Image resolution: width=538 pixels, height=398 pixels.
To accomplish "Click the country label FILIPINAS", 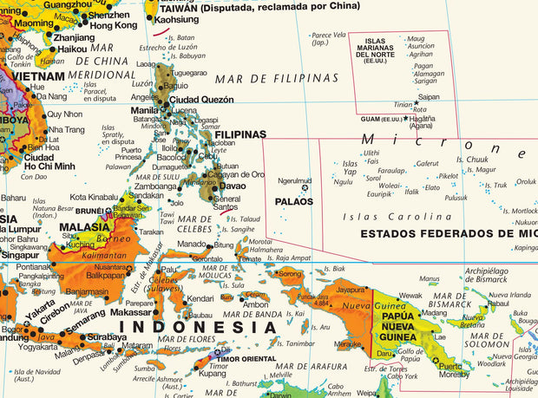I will click(x=239, y=134).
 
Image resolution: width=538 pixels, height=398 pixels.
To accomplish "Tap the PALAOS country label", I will click(x=293, y=201).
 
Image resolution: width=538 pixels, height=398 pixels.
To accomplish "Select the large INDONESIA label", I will click(x=198, y=327).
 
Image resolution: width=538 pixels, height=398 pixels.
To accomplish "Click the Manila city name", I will click(x=144, y=110).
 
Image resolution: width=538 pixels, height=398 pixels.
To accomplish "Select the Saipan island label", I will click(x=429, y=98).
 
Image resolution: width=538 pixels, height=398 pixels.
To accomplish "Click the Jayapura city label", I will click(x=351, y=290).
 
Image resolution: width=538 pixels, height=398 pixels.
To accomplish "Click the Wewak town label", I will click(x=411, y=295).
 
